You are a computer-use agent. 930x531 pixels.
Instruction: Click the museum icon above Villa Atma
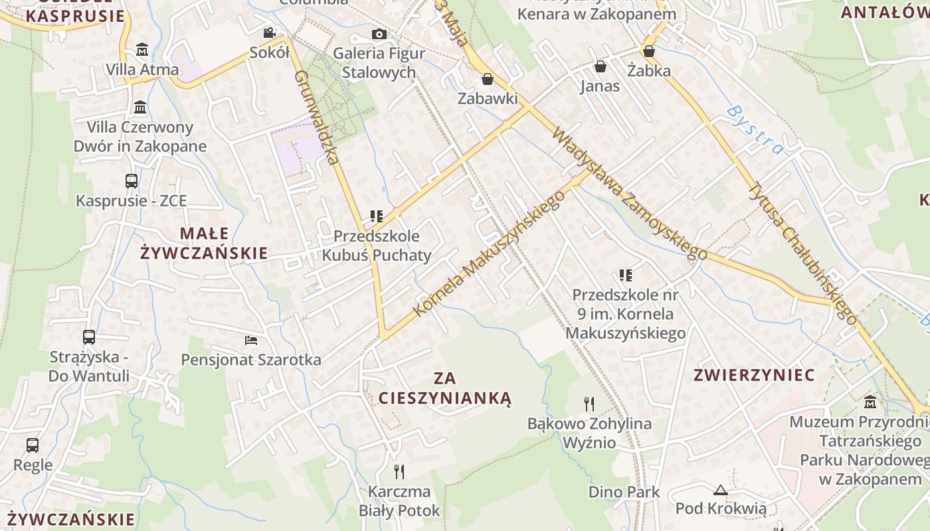141,50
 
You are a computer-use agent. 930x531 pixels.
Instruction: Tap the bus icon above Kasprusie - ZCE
132,181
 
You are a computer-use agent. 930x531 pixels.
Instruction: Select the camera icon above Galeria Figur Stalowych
379,34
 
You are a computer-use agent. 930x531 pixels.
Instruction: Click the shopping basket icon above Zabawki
488,79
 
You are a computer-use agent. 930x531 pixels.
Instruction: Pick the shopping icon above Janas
600,66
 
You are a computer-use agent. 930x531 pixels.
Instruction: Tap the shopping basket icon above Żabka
649,50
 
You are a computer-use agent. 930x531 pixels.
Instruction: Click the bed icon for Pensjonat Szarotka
250,341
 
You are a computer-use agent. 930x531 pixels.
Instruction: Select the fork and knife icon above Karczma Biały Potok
399,472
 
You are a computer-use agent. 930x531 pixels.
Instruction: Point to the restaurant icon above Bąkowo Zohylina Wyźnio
589,404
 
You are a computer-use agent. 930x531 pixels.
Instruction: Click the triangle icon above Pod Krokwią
721,490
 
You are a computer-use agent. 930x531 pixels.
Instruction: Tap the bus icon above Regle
33,445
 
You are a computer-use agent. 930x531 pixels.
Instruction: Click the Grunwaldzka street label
317,117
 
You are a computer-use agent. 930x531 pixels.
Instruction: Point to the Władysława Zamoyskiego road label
629,193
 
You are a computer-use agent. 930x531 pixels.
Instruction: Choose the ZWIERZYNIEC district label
754,375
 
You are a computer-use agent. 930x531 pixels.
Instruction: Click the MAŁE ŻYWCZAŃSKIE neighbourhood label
203,243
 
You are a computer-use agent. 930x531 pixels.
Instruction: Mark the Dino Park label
624,492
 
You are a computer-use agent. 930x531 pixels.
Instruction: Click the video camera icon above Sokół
269,33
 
